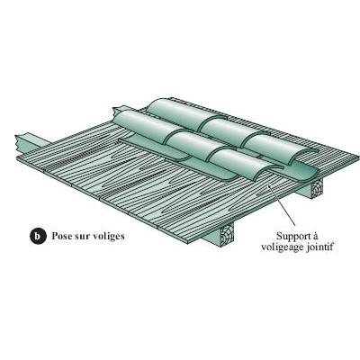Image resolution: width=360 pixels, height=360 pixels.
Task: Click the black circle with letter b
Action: pos(38,236)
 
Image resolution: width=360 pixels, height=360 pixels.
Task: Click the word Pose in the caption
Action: pos(60,236)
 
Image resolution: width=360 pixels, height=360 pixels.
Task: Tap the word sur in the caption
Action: pos(80,236)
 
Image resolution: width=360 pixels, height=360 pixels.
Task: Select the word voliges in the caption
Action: pos(107,237)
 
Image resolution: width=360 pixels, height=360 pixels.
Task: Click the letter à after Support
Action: pos(315,236)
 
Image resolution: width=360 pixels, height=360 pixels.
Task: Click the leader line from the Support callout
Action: pos(283,205)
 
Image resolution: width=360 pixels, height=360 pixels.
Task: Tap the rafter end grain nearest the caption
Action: pos(227,234)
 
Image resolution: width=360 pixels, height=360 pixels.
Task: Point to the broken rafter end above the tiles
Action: pos(118,111)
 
